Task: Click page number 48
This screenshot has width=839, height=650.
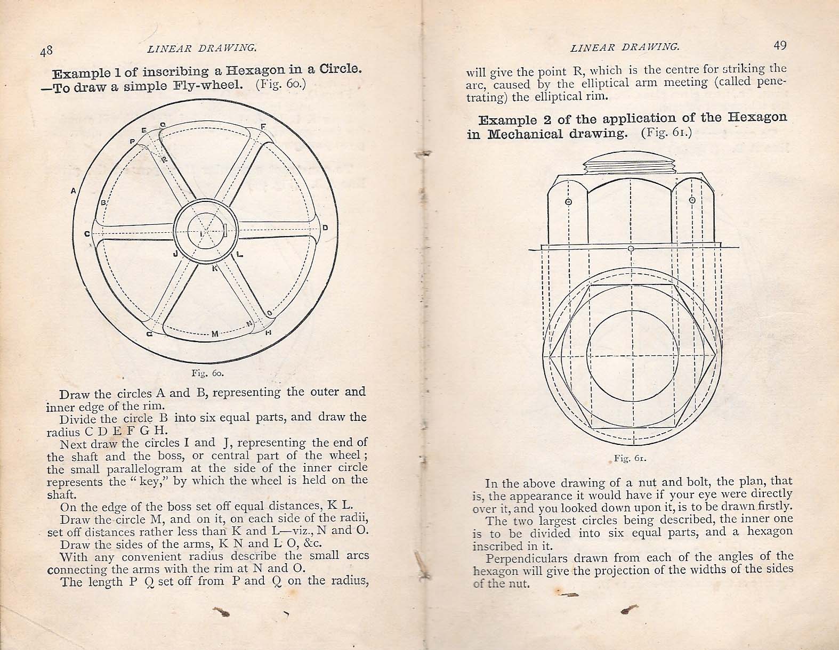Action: [46, 50]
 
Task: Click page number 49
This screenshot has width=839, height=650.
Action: [779, 45]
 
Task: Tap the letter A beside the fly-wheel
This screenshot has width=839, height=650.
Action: [72, 190]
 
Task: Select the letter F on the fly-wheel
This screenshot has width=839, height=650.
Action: [263, 127]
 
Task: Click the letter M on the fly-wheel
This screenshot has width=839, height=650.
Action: [215, 334]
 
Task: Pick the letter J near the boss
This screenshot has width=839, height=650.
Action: [175, 254]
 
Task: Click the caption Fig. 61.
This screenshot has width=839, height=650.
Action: [630, 458]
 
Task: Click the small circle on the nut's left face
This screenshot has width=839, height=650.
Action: [568, 202]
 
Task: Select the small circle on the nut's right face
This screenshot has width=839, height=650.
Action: [692, 201]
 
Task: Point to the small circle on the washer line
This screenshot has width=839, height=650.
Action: [631, 249]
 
